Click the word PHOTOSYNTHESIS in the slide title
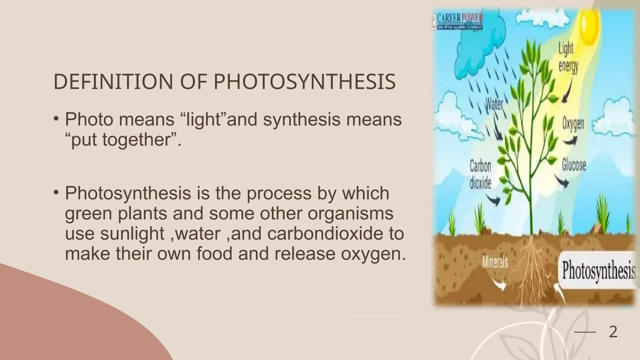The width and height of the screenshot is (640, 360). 304,82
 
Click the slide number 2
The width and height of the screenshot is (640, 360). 613,332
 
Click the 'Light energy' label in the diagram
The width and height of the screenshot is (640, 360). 568,58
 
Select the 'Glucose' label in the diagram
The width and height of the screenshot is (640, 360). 574,165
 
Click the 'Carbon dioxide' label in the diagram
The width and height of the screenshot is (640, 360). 480,174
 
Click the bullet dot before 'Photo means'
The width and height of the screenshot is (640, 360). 56,119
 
